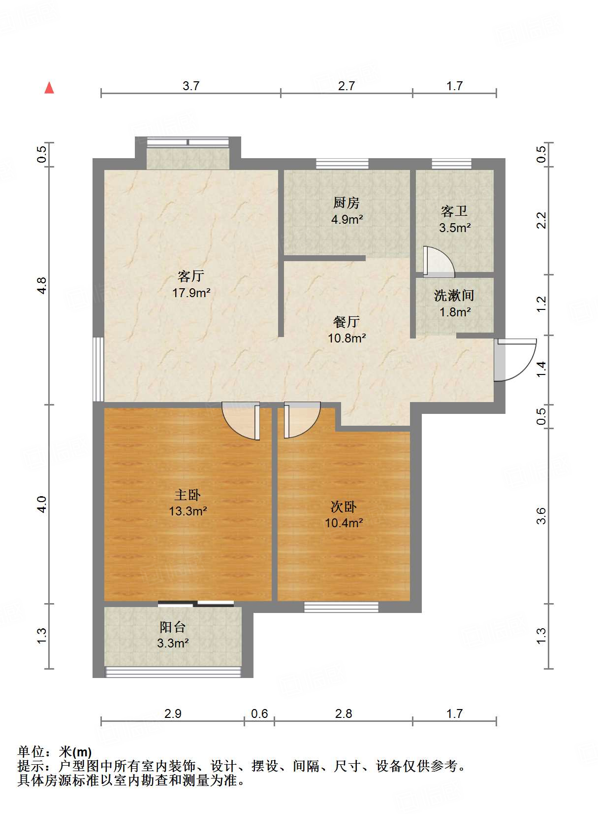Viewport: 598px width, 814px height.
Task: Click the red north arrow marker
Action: [x=49, y=88]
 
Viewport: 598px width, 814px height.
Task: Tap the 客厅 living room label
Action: [x=191, y=276]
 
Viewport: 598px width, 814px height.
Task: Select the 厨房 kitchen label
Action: [x=346, y=203]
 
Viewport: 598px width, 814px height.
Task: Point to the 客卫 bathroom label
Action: [x=454, y=211]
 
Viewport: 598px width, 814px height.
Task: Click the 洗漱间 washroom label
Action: [x=454, y=296]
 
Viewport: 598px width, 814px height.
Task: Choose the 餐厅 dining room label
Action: [x=346, y=322]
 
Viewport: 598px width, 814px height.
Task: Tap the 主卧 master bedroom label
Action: [x=188, y=495]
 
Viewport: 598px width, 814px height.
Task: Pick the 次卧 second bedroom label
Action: [x=344, y=507]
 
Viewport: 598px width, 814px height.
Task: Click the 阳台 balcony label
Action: [x=173, y=627]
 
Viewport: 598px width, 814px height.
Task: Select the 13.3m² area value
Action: [x=188, y=511]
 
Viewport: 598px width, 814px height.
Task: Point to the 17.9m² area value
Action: [x=191, y=293]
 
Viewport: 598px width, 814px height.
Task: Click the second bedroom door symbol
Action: [x=301, y=420]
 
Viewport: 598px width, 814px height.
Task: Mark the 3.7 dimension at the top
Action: [x=191, y=86]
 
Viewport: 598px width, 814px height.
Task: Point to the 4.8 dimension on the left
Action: [x=42, y=286]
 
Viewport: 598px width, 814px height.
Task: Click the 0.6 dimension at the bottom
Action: [x=259, y=713]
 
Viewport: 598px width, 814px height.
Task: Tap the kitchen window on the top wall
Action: [x=342, y=164]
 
